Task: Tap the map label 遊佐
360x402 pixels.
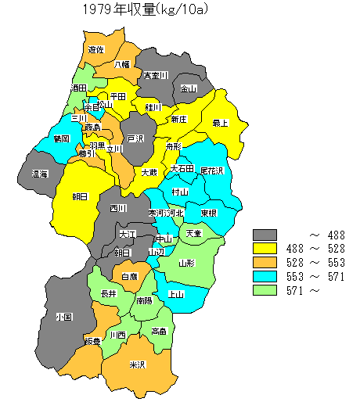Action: (96, 49)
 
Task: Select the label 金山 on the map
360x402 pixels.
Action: (189, 88)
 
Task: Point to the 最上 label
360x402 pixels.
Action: (221, 123)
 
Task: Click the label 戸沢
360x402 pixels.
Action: (136, 138)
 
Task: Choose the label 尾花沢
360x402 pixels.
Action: (212, 170)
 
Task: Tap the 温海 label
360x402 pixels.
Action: (39, 174)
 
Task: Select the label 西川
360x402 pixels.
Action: (118, 208)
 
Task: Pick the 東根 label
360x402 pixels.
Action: (208, 213)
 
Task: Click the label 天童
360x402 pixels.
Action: (193, 233)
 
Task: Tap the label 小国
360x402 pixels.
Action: (64, 318)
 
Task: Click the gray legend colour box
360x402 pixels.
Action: (265, 235)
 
